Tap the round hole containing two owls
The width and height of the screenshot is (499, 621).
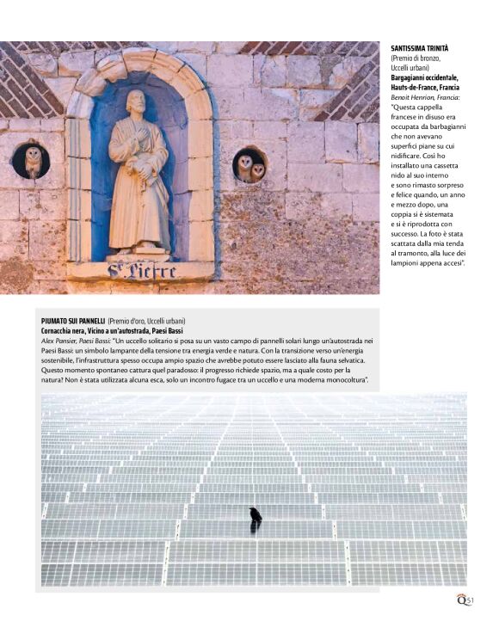point(250,164)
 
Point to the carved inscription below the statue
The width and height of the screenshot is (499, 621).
point(142,273)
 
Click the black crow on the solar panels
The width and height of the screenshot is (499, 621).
point(256,516)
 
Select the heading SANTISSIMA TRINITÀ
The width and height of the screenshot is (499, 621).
point(420,48)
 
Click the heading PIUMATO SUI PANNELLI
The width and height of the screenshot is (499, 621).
point(72,321)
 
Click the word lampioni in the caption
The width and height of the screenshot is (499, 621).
point(408,263)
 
